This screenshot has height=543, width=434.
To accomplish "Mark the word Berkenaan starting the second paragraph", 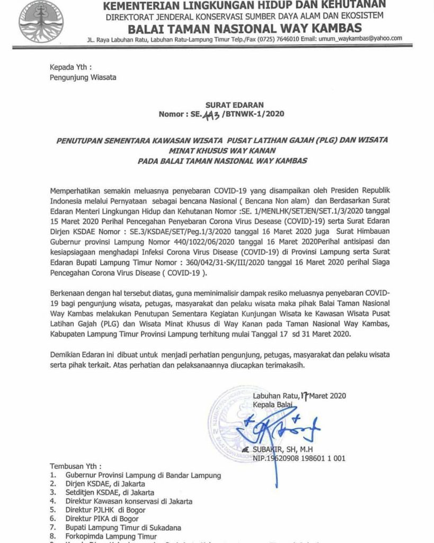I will click(68, 293).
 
